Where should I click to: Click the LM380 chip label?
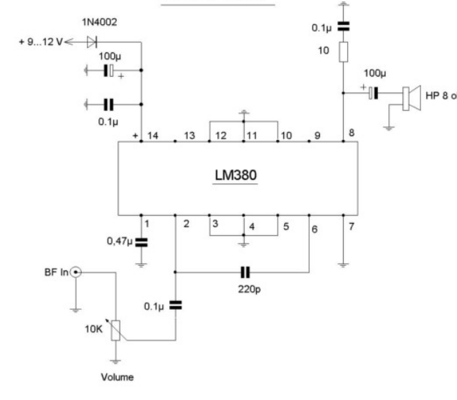[x=235, y=175]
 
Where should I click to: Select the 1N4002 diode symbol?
[x=92, y=42]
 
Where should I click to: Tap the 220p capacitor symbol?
[x=245, y=272]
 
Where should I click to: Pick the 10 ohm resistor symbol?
[x=344, y=52]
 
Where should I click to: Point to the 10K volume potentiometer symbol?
[x=116, y=330]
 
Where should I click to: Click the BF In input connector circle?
[x=76, y=272]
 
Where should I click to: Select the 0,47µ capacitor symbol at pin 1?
[x=141, y=242]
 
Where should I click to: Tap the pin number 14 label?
[x=153, y=135]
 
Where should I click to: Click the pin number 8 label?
[x=352, y=133]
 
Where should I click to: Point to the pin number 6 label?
[x=314, y=229]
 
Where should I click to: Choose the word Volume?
[x=117, y=377]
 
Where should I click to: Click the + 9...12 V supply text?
[x=40, y=42]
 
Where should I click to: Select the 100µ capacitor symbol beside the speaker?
[x=373, y=93]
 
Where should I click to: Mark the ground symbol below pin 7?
[x=344, y=265]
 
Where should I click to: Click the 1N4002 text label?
[x=100, y=22]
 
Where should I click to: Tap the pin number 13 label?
[x=189, y=135]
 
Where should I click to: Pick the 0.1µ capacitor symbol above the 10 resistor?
[x=344, y=27]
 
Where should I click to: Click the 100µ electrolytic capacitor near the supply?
[x=109, y=70]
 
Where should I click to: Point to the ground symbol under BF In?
[x=76, y=310]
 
